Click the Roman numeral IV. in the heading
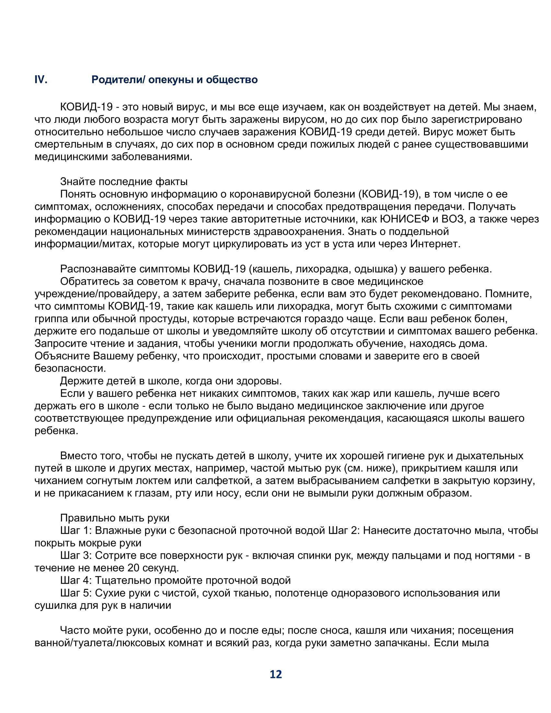(x=41, y=80)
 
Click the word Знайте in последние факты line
(x=77, y=181)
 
